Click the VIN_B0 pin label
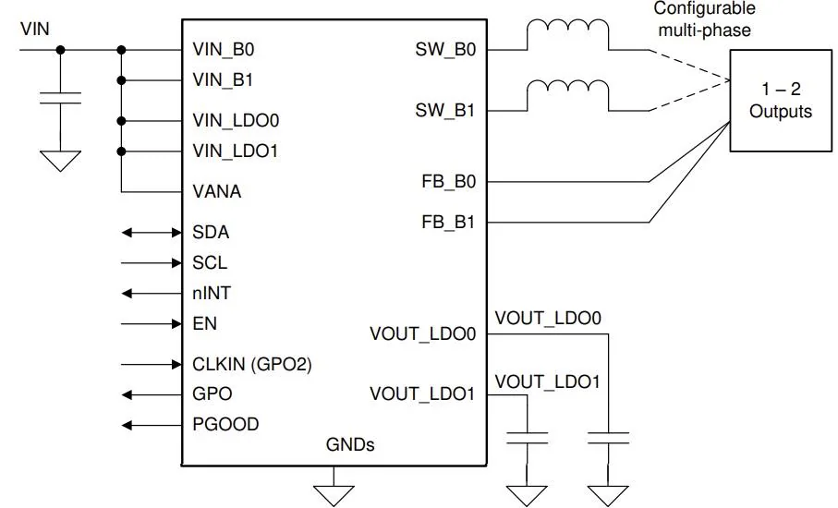[x=224, y=50]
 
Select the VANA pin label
[x=216, y=191]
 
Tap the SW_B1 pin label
[x=445, y=111]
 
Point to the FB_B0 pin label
[x=448, y=182]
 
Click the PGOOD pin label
[x=225, y=424]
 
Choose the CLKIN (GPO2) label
[x=251, y=364]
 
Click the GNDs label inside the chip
[x=350, y=444]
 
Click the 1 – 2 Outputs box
[x=781, y=101]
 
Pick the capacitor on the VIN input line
[x=60, y=98]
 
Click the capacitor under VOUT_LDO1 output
[x=527, y=438]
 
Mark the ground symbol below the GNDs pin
[x=334, y=495]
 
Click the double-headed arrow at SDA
[x=152, y=233]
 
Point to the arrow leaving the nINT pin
[x=152, y=294]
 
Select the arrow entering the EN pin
[x=152, y=323]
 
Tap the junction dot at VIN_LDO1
[x=121, y=151]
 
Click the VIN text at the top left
[x=35, y=29]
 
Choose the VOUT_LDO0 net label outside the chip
[x=548, y=319]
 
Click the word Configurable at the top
[x=704, y=8]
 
